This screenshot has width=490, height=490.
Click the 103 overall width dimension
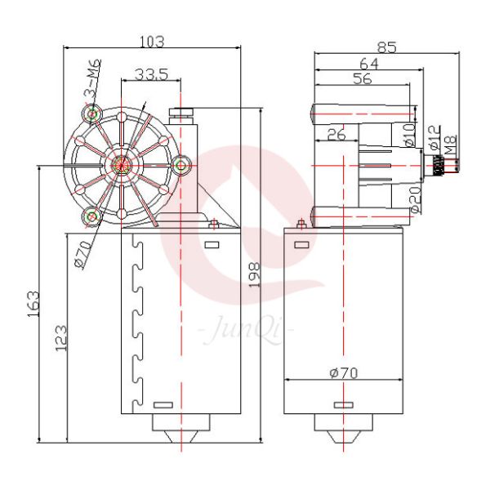coord(153,40)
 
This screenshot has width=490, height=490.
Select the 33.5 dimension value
coord(152,74)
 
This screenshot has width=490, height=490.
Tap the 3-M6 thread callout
coord(91,79)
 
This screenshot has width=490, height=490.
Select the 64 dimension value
coord(368,63)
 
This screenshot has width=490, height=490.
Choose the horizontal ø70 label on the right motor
coord(344,372)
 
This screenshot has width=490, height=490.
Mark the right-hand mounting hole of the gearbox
coord(181,164)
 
